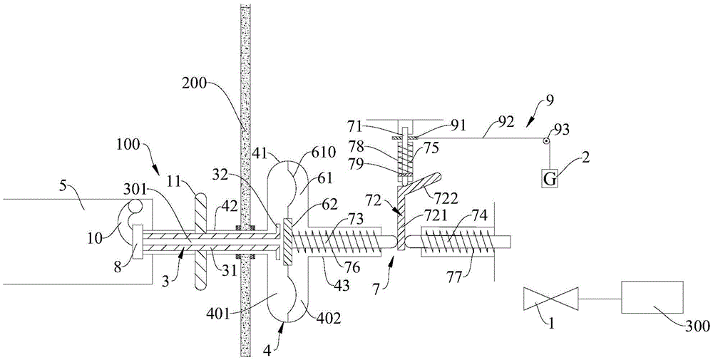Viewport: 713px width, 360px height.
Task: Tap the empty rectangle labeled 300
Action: coord(652,297)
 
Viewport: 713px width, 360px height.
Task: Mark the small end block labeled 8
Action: coord(138,244)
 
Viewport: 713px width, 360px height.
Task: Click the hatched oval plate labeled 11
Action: coord(200,240)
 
